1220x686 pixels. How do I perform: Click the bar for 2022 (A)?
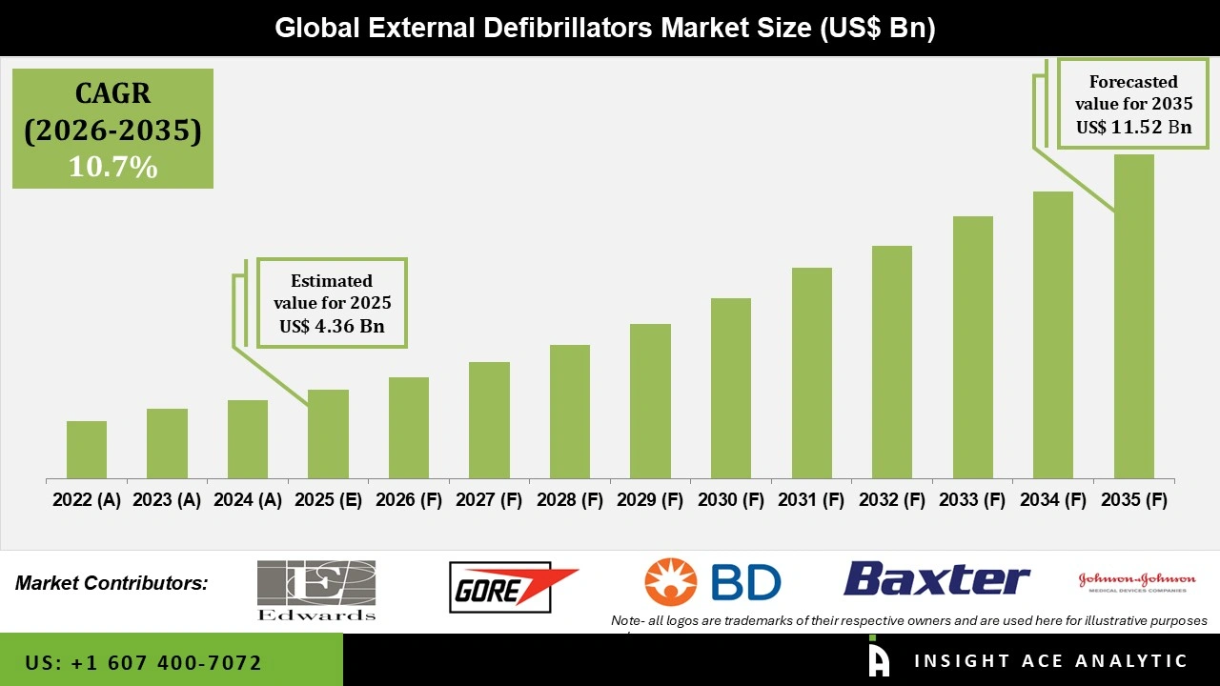(87, 450)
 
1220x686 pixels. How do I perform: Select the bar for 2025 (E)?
(328, 434)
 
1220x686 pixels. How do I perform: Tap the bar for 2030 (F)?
(731, 389)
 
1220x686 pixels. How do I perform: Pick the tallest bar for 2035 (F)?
(1134, 316)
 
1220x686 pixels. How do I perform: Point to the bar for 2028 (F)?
(570, 412)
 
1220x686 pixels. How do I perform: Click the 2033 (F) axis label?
(973, 500)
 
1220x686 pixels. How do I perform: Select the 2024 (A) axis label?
(248, 500)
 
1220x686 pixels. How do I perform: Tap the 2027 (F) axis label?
(490, 500)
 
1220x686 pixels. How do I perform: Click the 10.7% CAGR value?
(112, 168)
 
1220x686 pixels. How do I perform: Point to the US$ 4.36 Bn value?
(331, 327)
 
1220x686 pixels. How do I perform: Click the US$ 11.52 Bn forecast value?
(1133, 127)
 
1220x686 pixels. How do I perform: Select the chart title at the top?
(605, 28)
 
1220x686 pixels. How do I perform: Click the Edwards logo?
(316, 590)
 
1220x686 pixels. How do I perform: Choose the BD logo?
(712, 582)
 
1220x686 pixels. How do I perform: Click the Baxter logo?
(937, 579)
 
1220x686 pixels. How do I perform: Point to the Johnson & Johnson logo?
(1136, 581)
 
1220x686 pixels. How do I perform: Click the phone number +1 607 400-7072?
(144, 662)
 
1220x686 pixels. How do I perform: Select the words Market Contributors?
(112, 583)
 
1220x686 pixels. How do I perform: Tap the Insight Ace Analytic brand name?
(1050, 661)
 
